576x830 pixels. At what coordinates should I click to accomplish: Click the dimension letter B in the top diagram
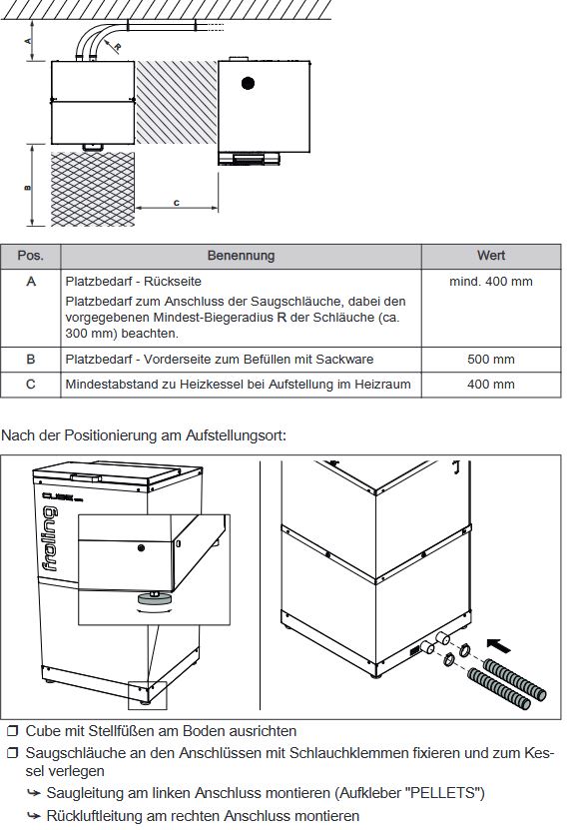[x=29, y=187]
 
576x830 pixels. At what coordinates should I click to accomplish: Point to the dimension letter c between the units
[x=176, y=203]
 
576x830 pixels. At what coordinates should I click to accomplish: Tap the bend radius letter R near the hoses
[x=118, y=46]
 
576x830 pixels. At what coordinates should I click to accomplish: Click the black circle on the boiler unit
[x=248, y=81]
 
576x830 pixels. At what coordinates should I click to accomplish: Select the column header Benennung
[x=241, y=256]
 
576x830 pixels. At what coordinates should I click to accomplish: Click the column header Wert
[x=490, y=256]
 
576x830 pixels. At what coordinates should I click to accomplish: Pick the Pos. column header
[x=31, y=256]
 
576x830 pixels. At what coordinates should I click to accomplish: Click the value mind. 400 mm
[x=490, y=282]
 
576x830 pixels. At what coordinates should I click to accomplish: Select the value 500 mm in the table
[x=490, y=359]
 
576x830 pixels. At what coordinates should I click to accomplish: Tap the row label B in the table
[x=31, y=359]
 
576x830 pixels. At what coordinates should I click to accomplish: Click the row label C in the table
[x=31, y=384]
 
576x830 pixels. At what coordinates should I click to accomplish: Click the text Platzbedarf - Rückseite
[x=126, y=282]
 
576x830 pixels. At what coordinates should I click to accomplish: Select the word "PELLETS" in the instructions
[x=452, y=793]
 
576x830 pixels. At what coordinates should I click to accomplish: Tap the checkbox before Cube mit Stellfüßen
[x=12, y=732]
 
